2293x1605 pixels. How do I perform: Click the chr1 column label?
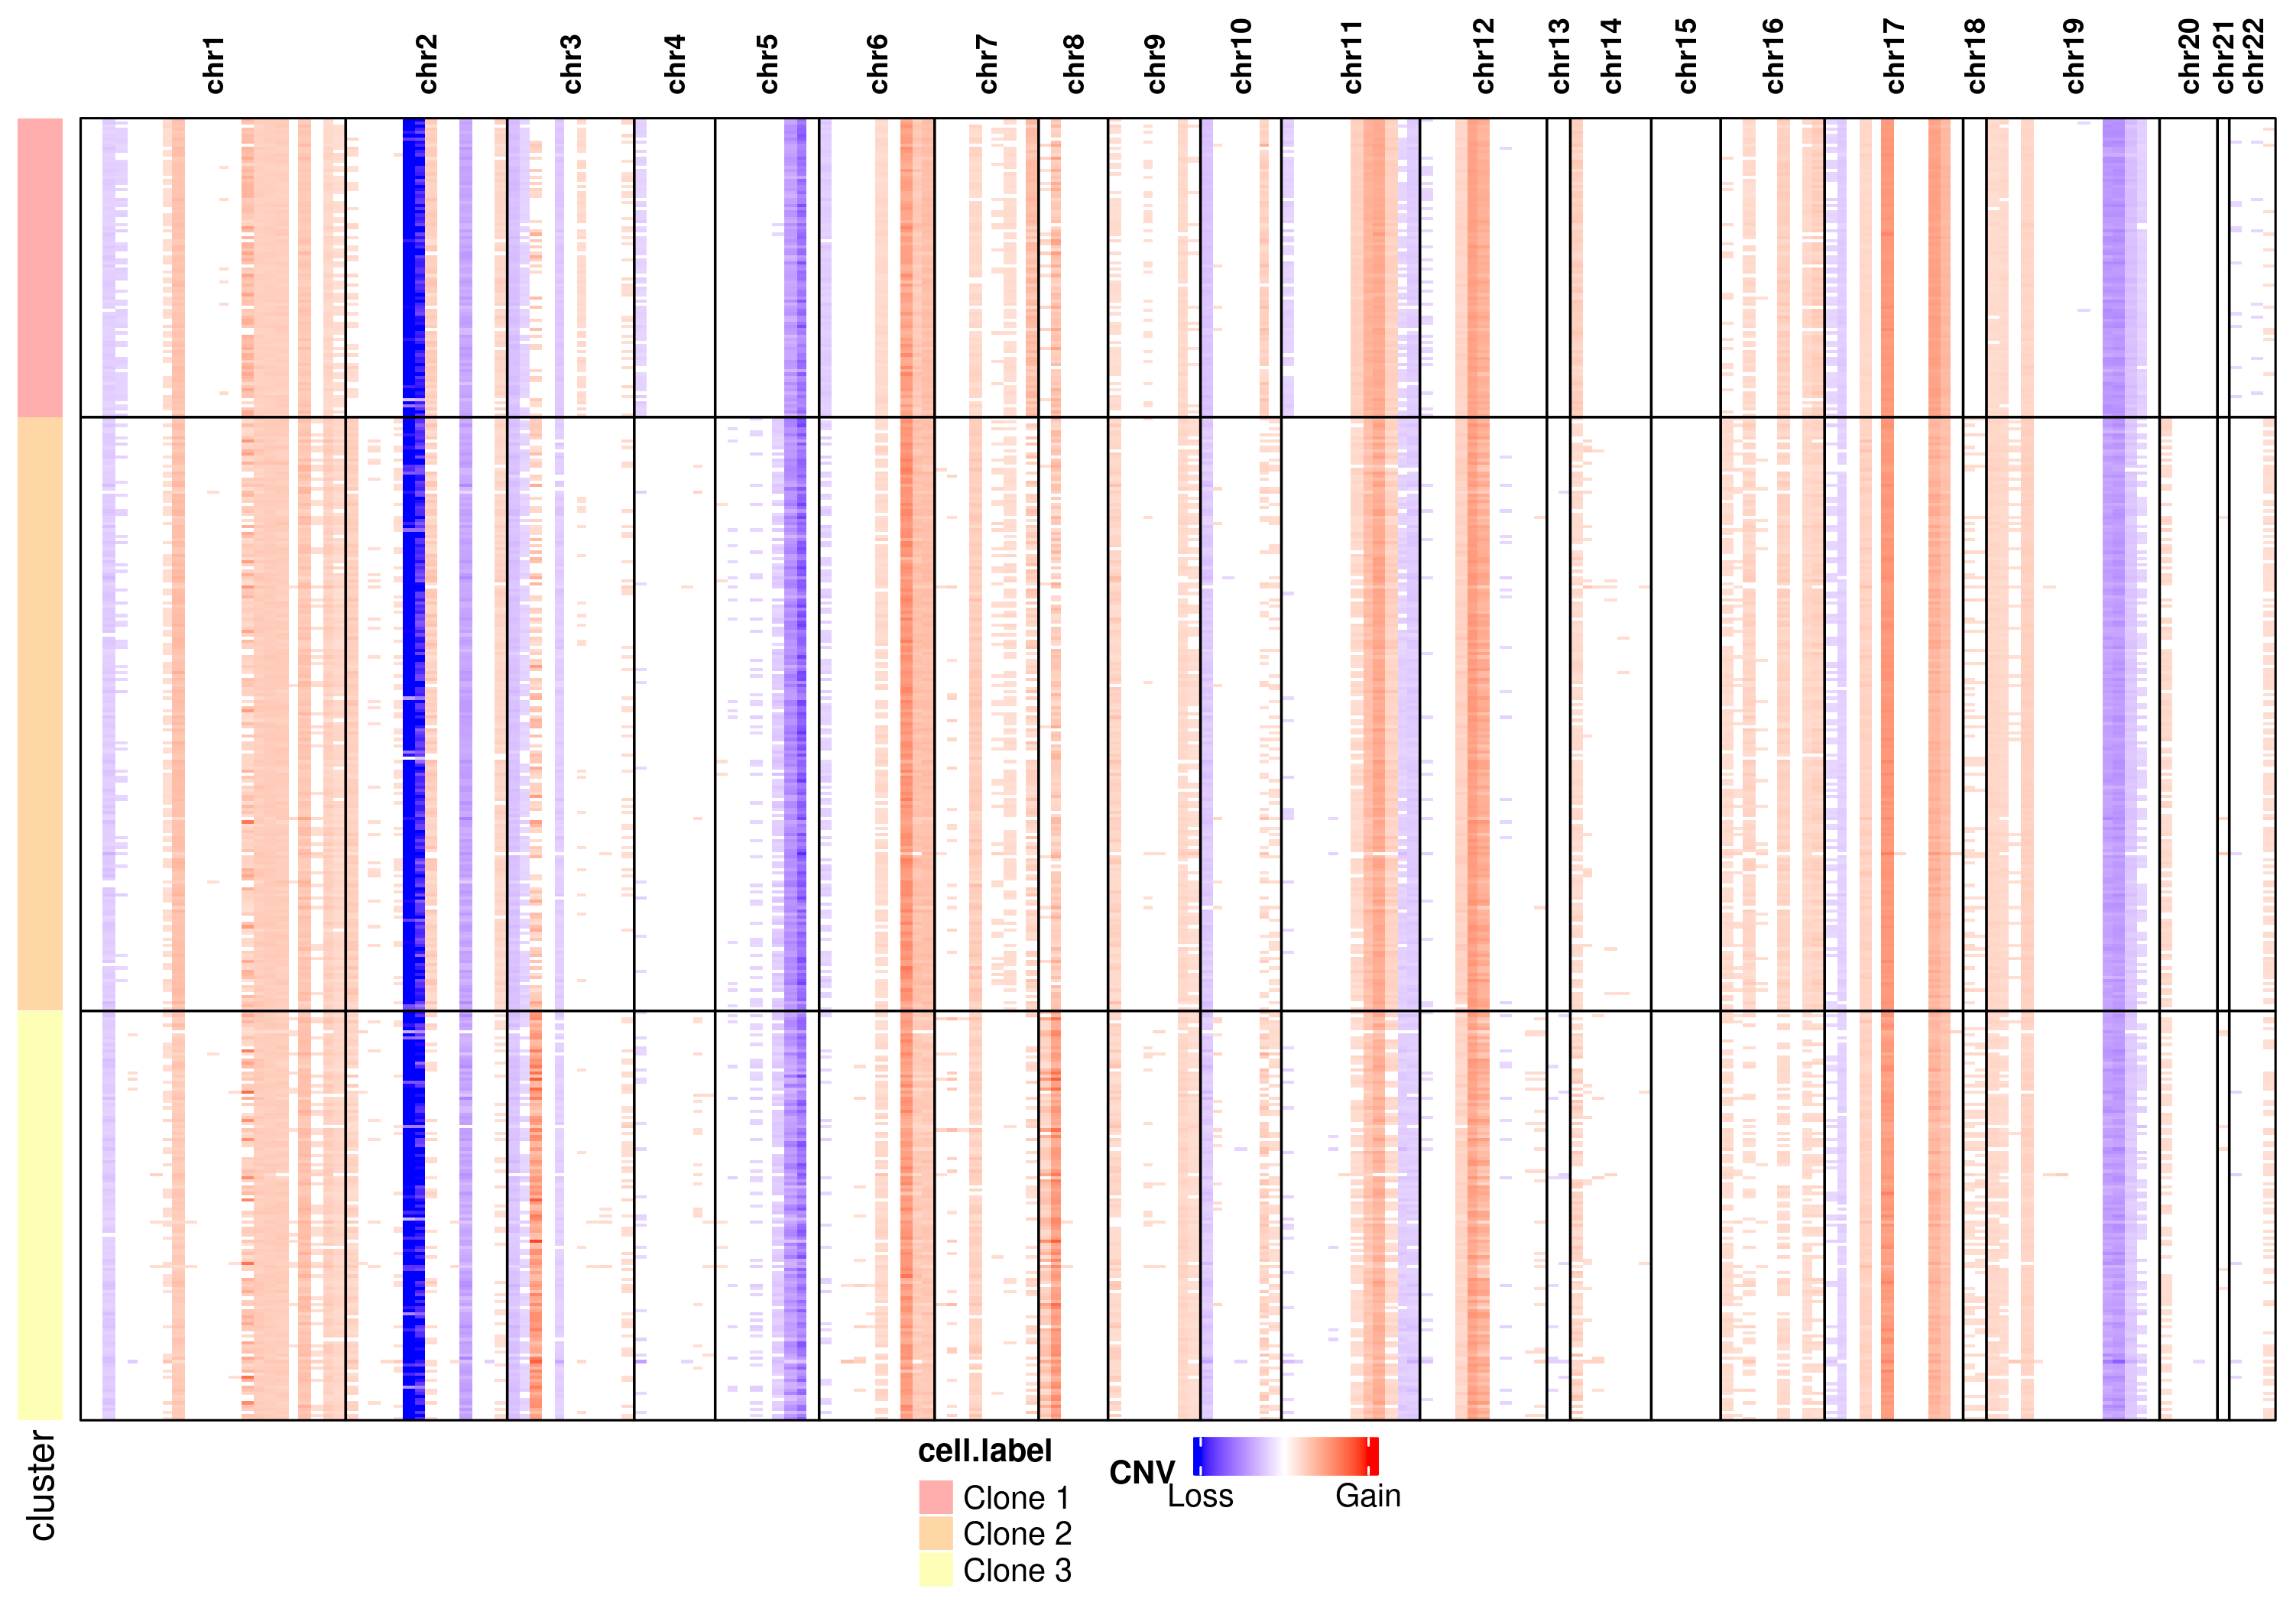[x=214, y=66]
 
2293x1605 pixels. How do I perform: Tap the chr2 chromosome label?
[x=427, y=65]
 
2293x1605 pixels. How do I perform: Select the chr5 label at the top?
[x=767, y=65]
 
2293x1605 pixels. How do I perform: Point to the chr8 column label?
[x=1074, y=65]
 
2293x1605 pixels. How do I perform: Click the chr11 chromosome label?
[x=1351, y=58]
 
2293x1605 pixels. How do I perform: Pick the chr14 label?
[x=1611, y=58]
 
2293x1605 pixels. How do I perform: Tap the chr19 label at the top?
[x=2074, y=58]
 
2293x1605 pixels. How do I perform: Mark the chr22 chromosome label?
[x=2254, y=58]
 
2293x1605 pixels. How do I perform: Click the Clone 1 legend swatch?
[x=935, y=1497]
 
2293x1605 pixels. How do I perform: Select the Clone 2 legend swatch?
[x=935, y=1533]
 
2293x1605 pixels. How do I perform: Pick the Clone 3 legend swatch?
[x=935, y=1569]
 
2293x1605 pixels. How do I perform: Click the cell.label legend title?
[x=984, y=1451]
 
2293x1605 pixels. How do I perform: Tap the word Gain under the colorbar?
[x=1367, y=1496]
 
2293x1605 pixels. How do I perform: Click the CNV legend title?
[x=1141, y=1472]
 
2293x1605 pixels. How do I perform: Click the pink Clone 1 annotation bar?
[x=40, y=267]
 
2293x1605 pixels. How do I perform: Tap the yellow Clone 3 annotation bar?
[x=40, y=1214]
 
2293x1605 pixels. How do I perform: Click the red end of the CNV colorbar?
[x=1372, y=1456]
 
